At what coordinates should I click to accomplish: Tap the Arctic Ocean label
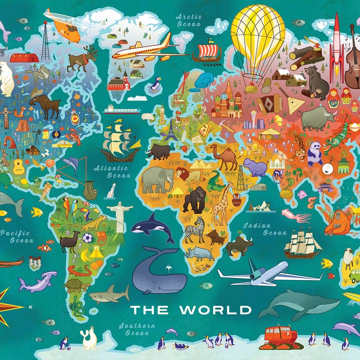tap(188, 20)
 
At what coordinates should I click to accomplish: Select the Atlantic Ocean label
tap(112, 171)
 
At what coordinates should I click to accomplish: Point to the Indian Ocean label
tap(264, 229)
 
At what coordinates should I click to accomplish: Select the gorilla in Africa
tap(194, 199)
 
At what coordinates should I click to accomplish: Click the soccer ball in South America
tap(87, 238)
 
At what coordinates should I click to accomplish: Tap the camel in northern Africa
tap(224, 157)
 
